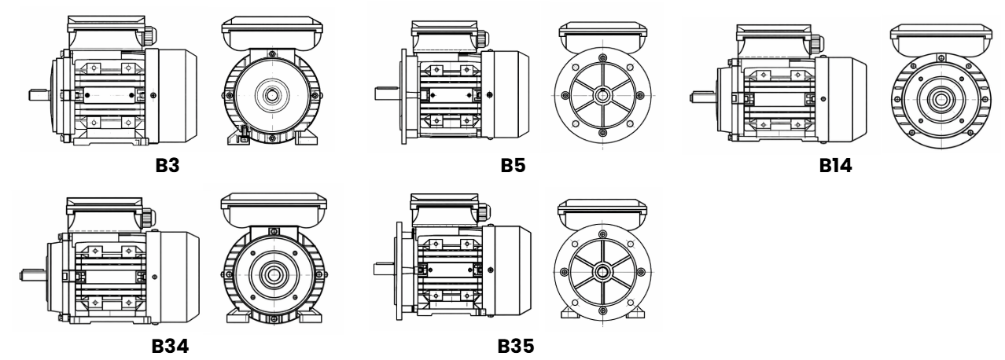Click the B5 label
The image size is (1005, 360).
pos(514,167)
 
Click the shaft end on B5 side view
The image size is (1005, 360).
pos(384,96)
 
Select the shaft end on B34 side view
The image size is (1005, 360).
pos(29,275)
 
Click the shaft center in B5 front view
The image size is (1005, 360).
pos(602,96)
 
